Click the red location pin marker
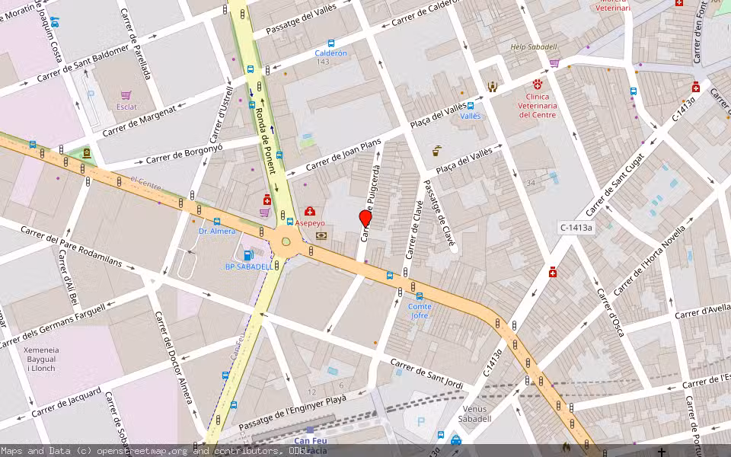click(365, 219)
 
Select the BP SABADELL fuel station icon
click(247, 255)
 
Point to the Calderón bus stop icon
click(330, 43)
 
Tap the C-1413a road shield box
click(576, 227)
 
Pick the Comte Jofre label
click(420, 311)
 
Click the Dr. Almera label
click(217, 231)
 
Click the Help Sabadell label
click(535, 47)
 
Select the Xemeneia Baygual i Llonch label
click(32, 359)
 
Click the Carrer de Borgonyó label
click(184, 154)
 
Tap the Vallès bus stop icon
click(471, 106)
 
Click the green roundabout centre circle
click(286, 242)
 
